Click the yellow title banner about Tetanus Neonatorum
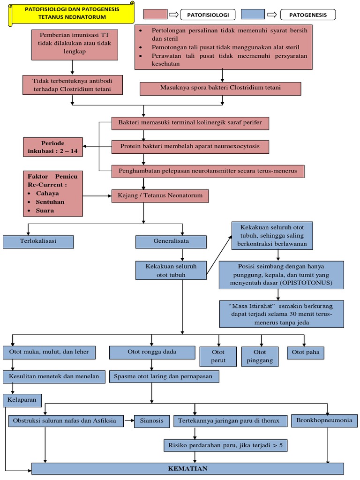pos(72,13)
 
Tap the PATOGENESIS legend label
pos(308,15)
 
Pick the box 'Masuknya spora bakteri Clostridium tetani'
pos(220,88)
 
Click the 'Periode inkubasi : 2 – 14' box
pos(53,147)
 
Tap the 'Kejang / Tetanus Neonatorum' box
pos(160,195)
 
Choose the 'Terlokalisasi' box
pos(38,241)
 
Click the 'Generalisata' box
pos(171,242)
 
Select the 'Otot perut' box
pos(218,356)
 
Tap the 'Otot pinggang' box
pos(260,356)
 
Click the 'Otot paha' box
pos(305,352)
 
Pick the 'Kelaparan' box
pos(22,400)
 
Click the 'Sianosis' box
pos(152,421)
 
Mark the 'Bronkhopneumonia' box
pos(324,420)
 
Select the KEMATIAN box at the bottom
pos(187,468)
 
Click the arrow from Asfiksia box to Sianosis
pos(129,421)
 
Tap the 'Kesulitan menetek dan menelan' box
pos(54,377)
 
